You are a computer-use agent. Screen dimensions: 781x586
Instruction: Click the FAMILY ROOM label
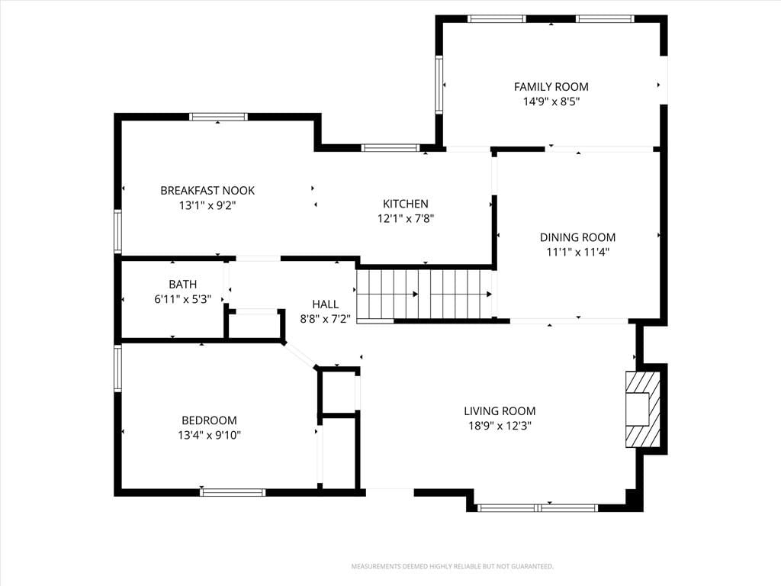point(551,87)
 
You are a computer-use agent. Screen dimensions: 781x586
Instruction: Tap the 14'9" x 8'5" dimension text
point(551,101)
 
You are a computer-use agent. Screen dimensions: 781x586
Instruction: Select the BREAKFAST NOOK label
point(207,190)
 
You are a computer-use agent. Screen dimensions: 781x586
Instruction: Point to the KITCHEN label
point(406,204)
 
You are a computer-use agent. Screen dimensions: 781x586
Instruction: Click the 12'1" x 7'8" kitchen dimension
point(406,218)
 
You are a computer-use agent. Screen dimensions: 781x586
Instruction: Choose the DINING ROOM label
point(578,237)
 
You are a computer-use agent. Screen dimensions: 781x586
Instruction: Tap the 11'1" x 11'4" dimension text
point(578,252)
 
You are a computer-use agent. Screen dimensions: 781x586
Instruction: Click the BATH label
point(183,285)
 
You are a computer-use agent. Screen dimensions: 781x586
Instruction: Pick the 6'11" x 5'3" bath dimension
point(183,299)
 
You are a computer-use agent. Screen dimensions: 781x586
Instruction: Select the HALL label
point(325,304)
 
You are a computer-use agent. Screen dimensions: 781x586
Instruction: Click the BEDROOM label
point(209,420)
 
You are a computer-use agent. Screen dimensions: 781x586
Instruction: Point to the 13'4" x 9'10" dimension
point(209,435)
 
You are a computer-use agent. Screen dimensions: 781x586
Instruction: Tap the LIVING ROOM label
point(500,411)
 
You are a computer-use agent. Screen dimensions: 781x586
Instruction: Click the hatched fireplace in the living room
point(643,409)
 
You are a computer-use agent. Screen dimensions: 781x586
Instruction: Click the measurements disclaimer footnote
point(452,567)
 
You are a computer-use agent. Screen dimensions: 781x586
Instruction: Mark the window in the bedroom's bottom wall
point(233,492)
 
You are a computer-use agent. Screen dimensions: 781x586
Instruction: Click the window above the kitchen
point(390,147)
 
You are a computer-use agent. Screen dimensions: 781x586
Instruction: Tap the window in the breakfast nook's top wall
point(218,117)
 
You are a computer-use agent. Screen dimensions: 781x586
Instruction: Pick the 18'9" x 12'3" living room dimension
point(500,426)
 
